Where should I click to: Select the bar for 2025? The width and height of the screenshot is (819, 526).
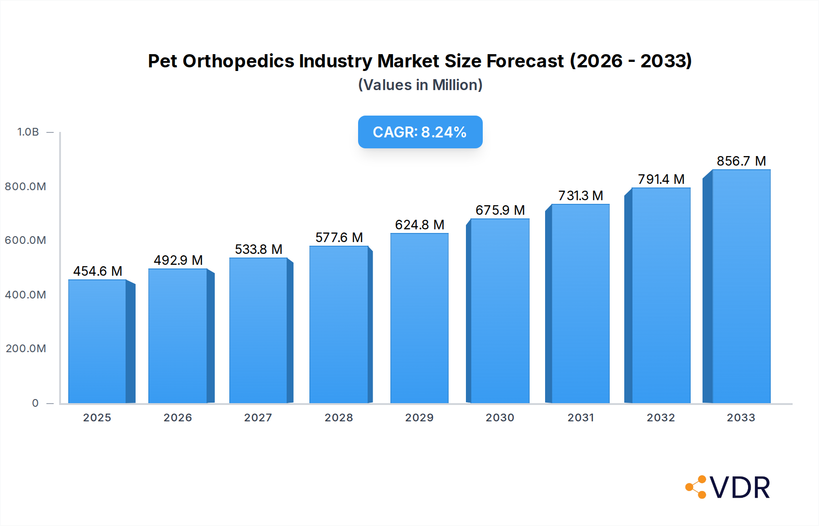[x=97, y=341]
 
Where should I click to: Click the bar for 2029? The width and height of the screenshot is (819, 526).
[x=419, y=319]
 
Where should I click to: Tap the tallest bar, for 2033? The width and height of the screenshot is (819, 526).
[x=741, y=287]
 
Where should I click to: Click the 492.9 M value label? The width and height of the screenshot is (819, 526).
[x=178, y=260]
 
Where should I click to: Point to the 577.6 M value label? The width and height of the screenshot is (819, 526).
[x=339, y=238]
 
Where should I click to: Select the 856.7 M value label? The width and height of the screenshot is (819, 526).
[x=741, y=161]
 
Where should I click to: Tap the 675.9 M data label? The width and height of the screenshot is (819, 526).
[x=500, y=210]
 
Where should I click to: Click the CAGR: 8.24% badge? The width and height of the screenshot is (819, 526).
[x=420, y=132]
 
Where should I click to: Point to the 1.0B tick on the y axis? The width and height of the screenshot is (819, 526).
[x=28, y=132]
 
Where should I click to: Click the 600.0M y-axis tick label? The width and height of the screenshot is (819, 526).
[x=25, y=240]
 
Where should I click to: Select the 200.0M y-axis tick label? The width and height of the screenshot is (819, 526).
[x=26, y=349]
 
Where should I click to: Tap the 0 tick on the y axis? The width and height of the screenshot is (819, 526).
[x=35, y=403]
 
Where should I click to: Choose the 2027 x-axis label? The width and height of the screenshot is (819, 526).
[x=258, y=418]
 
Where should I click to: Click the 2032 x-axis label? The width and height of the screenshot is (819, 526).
[x=661, y=418]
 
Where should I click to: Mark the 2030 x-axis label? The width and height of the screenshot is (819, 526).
[x=500, y=418]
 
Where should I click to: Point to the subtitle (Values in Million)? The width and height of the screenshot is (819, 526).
[x=420, y=85]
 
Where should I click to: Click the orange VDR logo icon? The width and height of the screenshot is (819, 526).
[x=696, y=487]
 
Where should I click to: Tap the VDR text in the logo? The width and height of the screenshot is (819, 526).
[x=740, y=488]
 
